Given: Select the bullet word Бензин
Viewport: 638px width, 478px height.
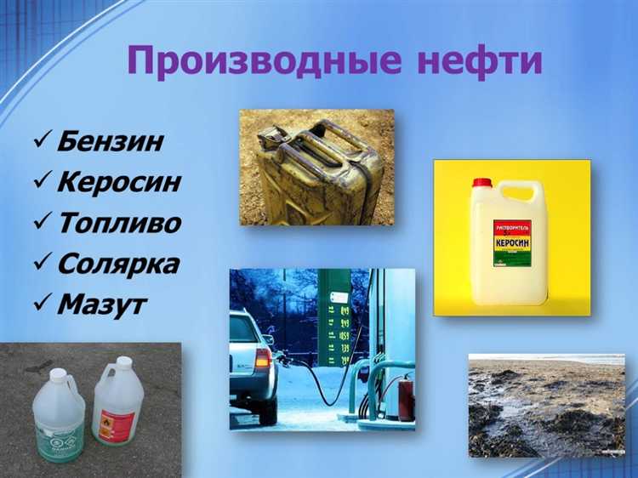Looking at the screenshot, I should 109,140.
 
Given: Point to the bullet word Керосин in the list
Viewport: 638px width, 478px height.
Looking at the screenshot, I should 119,181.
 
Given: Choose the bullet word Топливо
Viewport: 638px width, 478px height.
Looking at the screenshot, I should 119,222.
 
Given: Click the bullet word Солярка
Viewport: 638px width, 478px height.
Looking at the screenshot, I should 118,263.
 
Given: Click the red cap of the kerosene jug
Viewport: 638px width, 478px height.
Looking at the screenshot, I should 482,183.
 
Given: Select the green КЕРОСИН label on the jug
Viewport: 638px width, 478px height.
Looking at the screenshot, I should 512,242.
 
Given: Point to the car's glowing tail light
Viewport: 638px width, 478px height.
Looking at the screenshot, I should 263,356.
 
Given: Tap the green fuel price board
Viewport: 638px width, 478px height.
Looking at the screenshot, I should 333,319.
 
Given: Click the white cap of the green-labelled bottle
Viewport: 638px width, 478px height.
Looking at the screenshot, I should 59,373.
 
